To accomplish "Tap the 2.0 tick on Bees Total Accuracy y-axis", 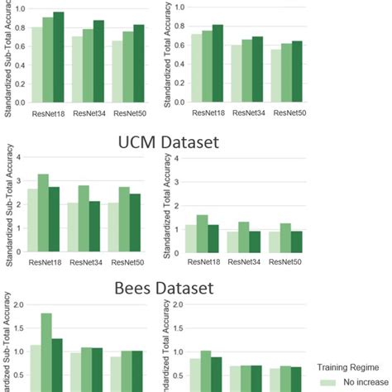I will coord(175,303).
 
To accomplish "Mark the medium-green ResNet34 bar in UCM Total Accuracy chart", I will coord(244,237).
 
